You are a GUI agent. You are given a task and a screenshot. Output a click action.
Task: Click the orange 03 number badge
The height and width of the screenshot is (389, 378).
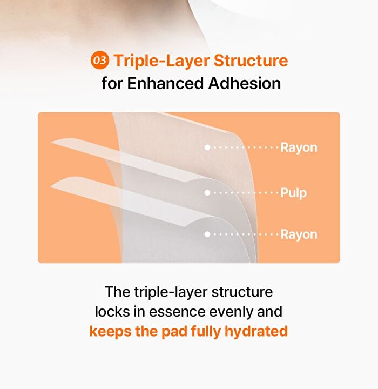click(100, 61)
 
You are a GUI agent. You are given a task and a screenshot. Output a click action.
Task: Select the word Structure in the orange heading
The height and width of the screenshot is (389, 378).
click(251, 61)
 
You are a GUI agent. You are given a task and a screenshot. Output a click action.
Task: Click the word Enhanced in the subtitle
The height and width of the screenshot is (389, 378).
click(165, 83)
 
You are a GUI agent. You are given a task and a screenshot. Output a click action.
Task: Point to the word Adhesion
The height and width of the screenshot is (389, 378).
click(245, 83)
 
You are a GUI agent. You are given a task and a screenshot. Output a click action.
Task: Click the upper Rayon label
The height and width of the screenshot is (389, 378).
click(299, 147)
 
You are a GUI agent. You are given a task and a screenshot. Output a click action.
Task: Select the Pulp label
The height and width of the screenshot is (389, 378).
click(293, 193)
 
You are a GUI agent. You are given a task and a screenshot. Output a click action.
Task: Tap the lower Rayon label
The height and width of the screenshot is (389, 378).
click(299, 234)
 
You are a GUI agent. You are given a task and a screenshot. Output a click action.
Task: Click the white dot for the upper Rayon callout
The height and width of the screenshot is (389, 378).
click(207, 147)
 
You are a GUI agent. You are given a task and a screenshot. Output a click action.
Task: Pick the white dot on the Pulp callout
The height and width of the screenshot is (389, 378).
click(207, 193)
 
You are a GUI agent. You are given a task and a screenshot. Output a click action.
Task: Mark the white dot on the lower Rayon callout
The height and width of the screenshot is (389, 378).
click(207, 234)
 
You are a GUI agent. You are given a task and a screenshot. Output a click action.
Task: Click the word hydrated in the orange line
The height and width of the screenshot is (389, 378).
click(256, 331)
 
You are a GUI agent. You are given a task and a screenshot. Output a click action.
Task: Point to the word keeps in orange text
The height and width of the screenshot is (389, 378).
click(110, 332)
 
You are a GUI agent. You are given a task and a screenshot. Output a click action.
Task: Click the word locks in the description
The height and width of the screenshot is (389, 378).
click(112, 311)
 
